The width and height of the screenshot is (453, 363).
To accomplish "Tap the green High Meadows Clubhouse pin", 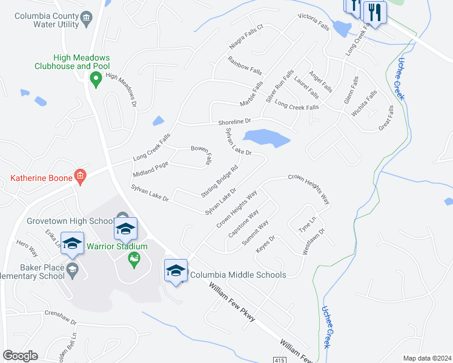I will point(95,79).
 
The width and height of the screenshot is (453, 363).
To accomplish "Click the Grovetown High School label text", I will point(70,221).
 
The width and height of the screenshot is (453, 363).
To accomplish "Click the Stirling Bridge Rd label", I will point(219,180).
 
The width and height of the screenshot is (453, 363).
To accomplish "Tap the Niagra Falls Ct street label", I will point(246,37).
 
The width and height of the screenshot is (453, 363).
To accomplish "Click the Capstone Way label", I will point(243,223).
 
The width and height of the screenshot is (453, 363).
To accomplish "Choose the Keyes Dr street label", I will point(265,244).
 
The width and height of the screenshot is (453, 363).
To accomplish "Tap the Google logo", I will point(20,356).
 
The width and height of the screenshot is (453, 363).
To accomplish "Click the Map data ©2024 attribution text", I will point(427,358).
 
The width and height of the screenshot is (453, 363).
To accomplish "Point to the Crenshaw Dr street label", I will point(61,317).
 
